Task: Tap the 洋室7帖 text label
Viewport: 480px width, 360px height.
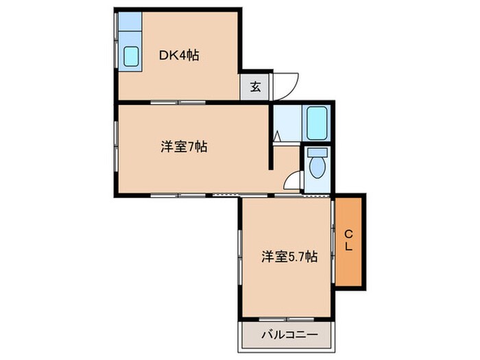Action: [x=184, y=146]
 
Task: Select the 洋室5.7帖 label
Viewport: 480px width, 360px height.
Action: [x=289, y=257]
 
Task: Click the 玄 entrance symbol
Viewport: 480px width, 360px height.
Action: [x=255, y=86]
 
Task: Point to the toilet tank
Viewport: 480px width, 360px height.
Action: [x=317, y=153]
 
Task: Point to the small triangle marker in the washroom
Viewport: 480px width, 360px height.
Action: [x=277, y=136]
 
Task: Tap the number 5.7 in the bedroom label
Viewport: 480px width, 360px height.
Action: [x=296, y=257]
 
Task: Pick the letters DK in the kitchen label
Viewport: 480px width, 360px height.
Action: [x=167, y=56]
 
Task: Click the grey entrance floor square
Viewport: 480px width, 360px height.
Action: [x=255, y=86]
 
